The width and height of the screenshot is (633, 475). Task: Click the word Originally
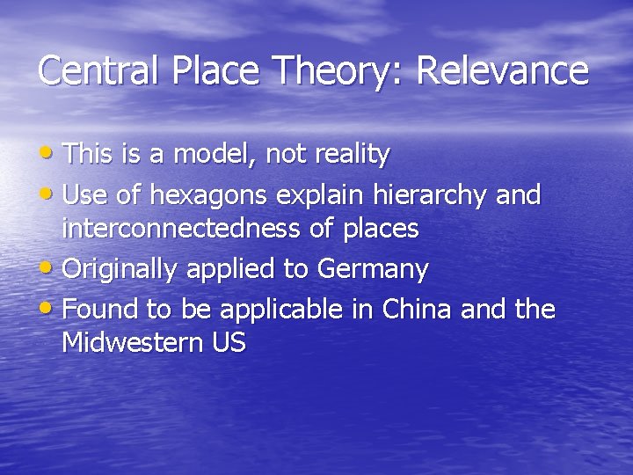(120, 269)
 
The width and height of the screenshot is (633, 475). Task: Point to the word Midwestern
(133, 343)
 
